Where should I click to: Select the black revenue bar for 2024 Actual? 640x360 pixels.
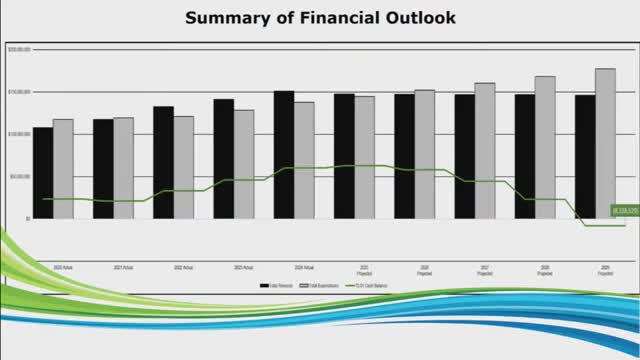pyautogui.click(x=284, y=154)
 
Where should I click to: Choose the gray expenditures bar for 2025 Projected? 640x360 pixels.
pyautogui.click(x=365, y=157)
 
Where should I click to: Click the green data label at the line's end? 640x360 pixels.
pyautogui.click(x=625, y=211)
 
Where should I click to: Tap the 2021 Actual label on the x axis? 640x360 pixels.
pyautogui.click(x=124, y=268)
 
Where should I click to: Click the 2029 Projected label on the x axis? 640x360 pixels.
pyautogui.click(x=606, y=270)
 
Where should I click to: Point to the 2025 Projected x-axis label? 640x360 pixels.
pyautogui.click(x=365, y=270)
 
